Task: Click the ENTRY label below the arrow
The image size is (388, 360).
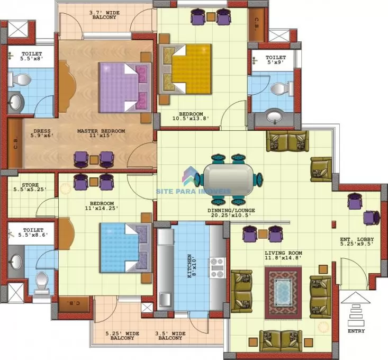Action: [356, 331]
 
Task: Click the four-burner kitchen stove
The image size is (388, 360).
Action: [218, 268]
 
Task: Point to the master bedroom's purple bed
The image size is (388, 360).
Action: [125, 87]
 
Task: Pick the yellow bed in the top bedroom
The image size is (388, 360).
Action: [185, 69]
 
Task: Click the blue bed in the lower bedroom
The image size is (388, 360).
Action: [125, 248]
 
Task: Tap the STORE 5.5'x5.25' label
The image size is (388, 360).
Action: [30, 187]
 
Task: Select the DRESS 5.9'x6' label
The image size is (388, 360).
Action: [42, 133]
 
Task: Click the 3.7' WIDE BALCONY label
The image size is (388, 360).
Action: [104, 15]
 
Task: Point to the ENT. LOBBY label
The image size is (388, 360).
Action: [357, 239]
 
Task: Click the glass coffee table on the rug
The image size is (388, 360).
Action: [283, 293]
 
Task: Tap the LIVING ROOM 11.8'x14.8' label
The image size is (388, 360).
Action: [283, 255]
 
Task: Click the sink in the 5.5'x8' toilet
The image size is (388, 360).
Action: [15, 102]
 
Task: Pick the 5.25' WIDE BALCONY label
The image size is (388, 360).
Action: [122, 336]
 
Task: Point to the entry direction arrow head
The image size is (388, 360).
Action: [355, 298]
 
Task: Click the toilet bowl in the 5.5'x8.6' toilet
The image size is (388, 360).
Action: [42, 282]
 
